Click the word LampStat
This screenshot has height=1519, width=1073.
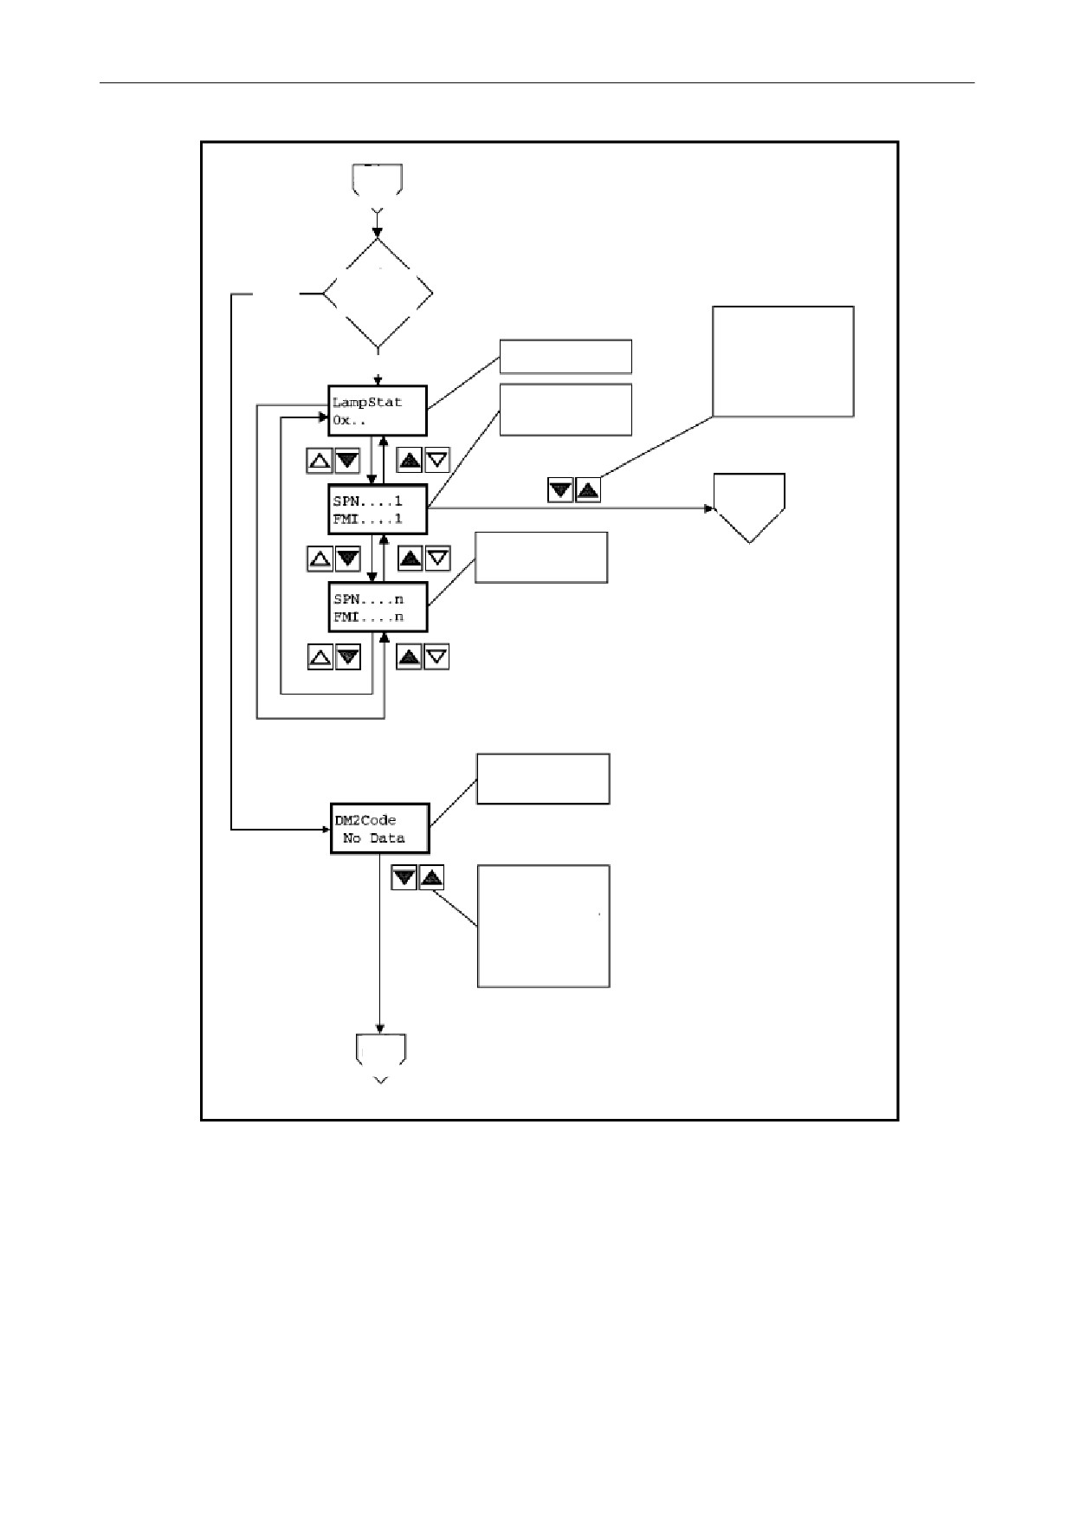pos(367,403)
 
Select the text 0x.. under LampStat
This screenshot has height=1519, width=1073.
pos(350,420)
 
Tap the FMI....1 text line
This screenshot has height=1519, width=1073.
pos(367,520)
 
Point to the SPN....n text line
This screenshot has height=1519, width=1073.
pos(367,599)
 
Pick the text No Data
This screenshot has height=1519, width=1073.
pos(373,838)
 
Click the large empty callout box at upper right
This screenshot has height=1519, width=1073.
pos(783,361)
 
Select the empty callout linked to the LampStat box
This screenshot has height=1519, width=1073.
pos(566,356)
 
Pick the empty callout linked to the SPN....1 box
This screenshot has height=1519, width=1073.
pos(566,410)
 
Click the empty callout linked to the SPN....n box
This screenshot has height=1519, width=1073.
pos(541,558)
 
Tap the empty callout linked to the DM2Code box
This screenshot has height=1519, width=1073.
pos(543,779)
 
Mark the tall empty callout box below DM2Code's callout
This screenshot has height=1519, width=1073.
pos(544,926)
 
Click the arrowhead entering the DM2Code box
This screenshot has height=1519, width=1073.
pos(326,830)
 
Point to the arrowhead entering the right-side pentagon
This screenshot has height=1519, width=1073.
pos(708,508)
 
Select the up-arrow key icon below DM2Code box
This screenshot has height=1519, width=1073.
pos(431,878)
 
